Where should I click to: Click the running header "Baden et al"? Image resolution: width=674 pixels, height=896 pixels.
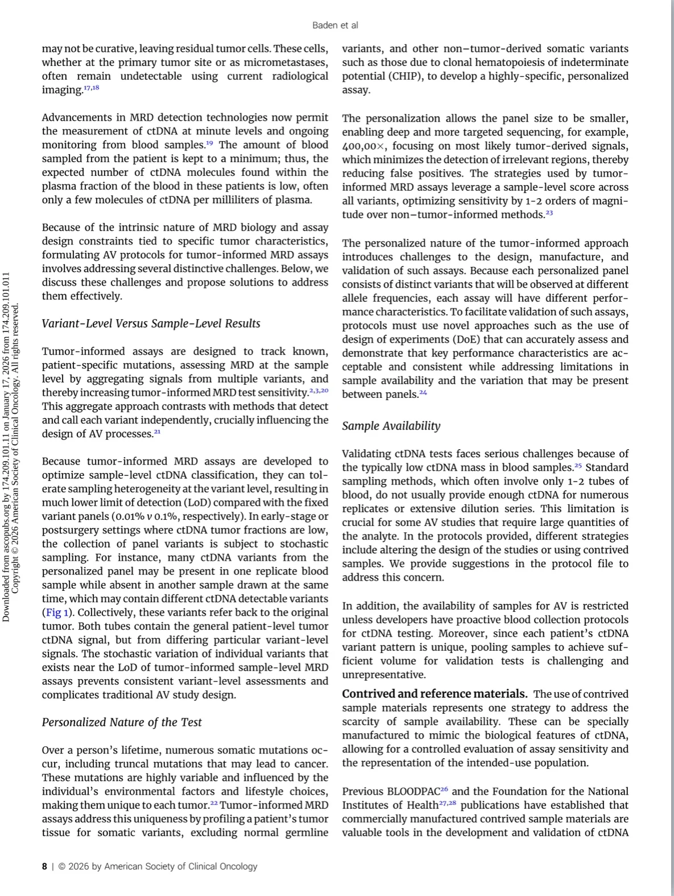click(x=335, y=26)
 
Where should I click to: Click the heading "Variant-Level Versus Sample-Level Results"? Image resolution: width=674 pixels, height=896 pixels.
click(x=151, y=323)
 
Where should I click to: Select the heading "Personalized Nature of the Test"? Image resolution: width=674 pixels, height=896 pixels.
click(x=122, y=722)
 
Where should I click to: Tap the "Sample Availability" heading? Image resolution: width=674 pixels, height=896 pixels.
click(x=391, y=426)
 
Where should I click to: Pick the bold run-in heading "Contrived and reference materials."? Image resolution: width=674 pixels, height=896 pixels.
click(x=434, y=694)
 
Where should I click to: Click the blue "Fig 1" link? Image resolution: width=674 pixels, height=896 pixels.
click(x=57, y=613)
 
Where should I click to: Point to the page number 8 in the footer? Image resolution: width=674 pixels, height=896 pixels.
click(x=44, y=866)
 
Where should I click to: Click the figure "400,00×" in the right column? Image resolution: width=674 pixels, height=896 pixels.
click(x=364, y=146)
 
